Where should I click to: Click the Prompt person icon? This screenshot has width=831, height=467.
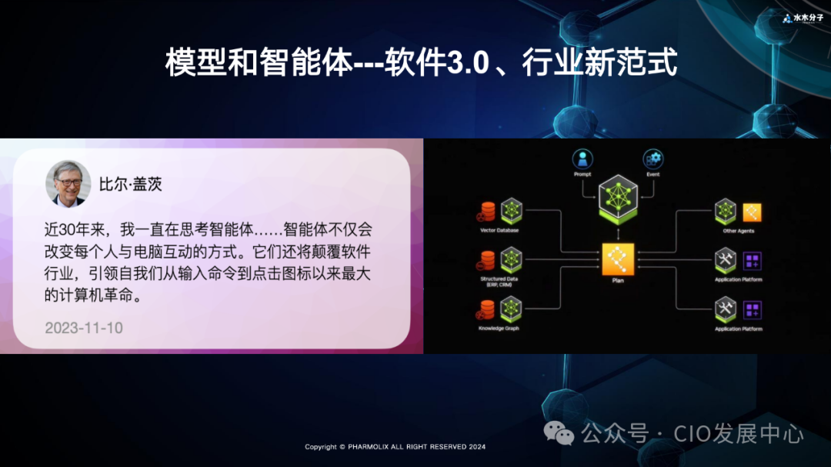pos(582,159)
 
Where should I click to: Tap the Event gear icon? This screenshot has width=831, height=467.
pos(653,159)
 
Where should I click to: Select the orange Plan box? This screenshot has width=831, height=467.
pos(618,259)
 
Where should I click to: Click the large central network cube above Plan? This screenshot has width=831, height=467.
pos(618,198)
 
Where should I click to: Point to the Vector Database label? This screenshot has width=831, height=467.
pos(499,230)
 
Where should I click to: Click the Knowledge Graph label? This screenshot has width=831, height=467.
pos(499,329)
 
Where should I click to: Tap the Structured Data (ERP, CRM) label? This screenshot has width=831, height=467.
pos(499,282)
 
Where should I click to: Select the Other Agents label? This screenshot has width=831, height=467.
pos(738,231)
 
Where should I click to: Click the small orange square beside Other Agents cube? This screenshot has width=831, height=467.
pos(751,211)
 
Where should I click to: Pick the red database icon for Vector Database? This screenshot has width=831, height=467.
pos(488,210)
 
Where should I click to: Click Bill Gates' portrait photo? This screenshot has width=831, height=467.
pos(68,184)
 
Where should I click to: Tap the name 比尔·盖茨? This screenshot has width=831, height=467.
pos(131,185)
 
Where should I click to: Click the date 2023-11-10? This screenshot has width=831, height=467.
pos(84,328)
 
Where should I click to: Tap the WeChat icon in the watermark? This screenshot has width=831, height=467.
pos(559,435)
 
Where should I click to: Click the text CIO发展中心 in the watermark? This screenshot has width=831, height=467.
pos(739,434)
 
